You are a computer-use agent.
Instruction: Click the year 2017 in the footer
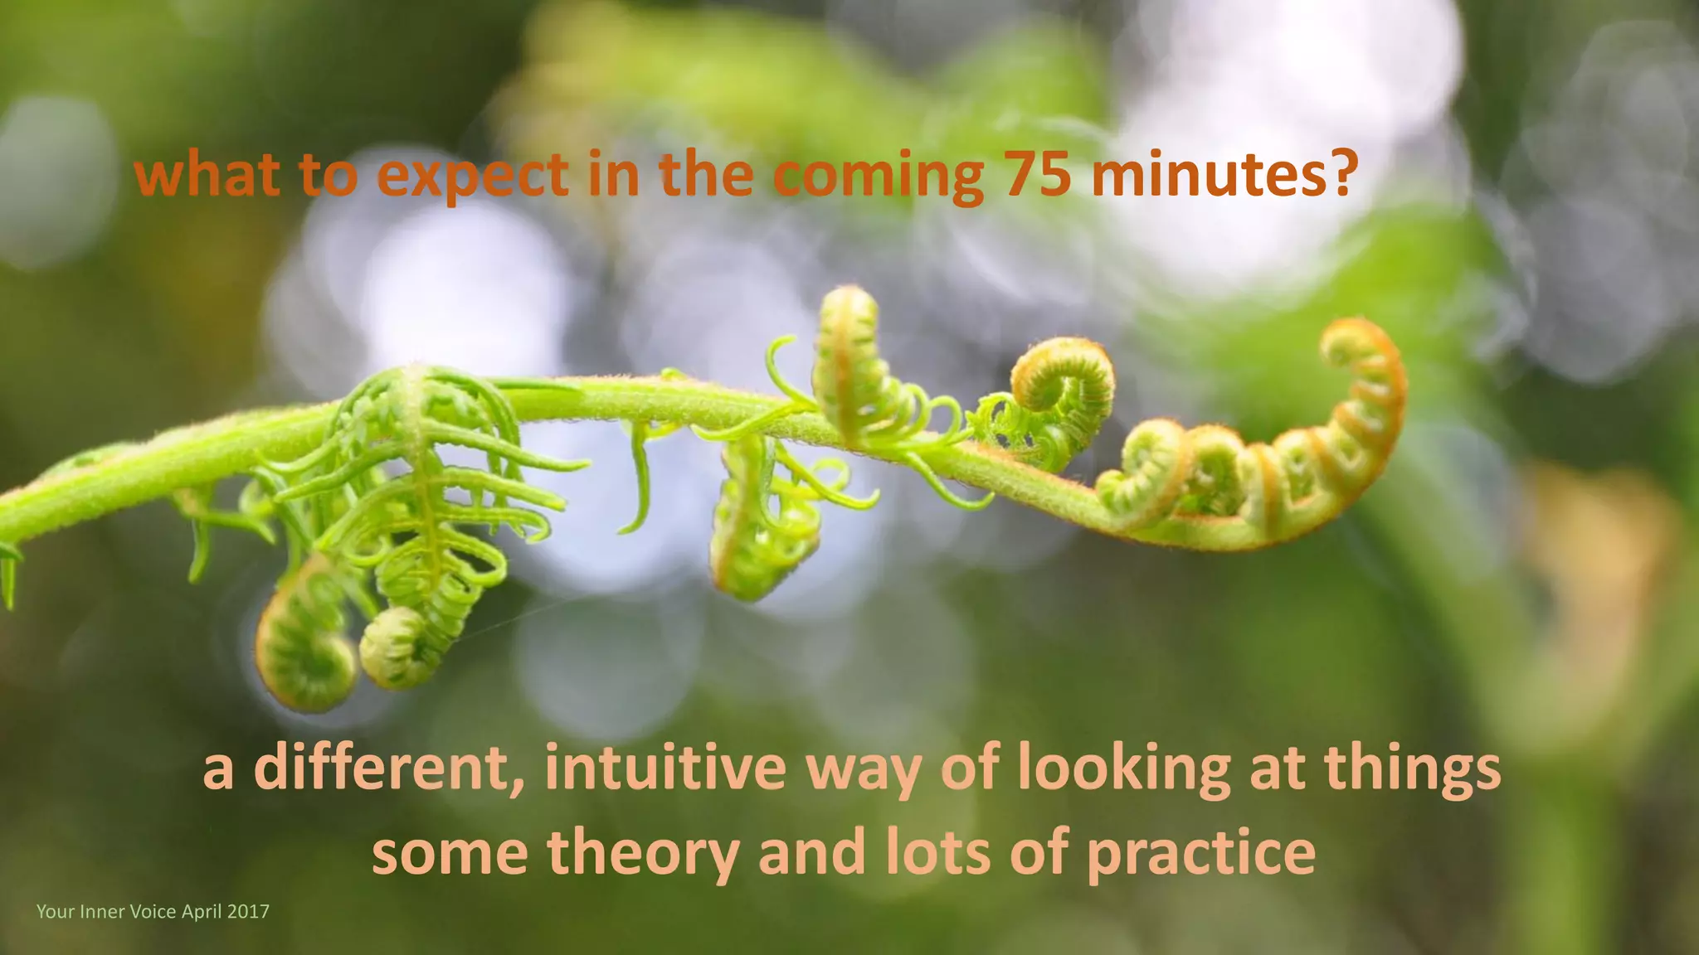click(248, 912)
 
